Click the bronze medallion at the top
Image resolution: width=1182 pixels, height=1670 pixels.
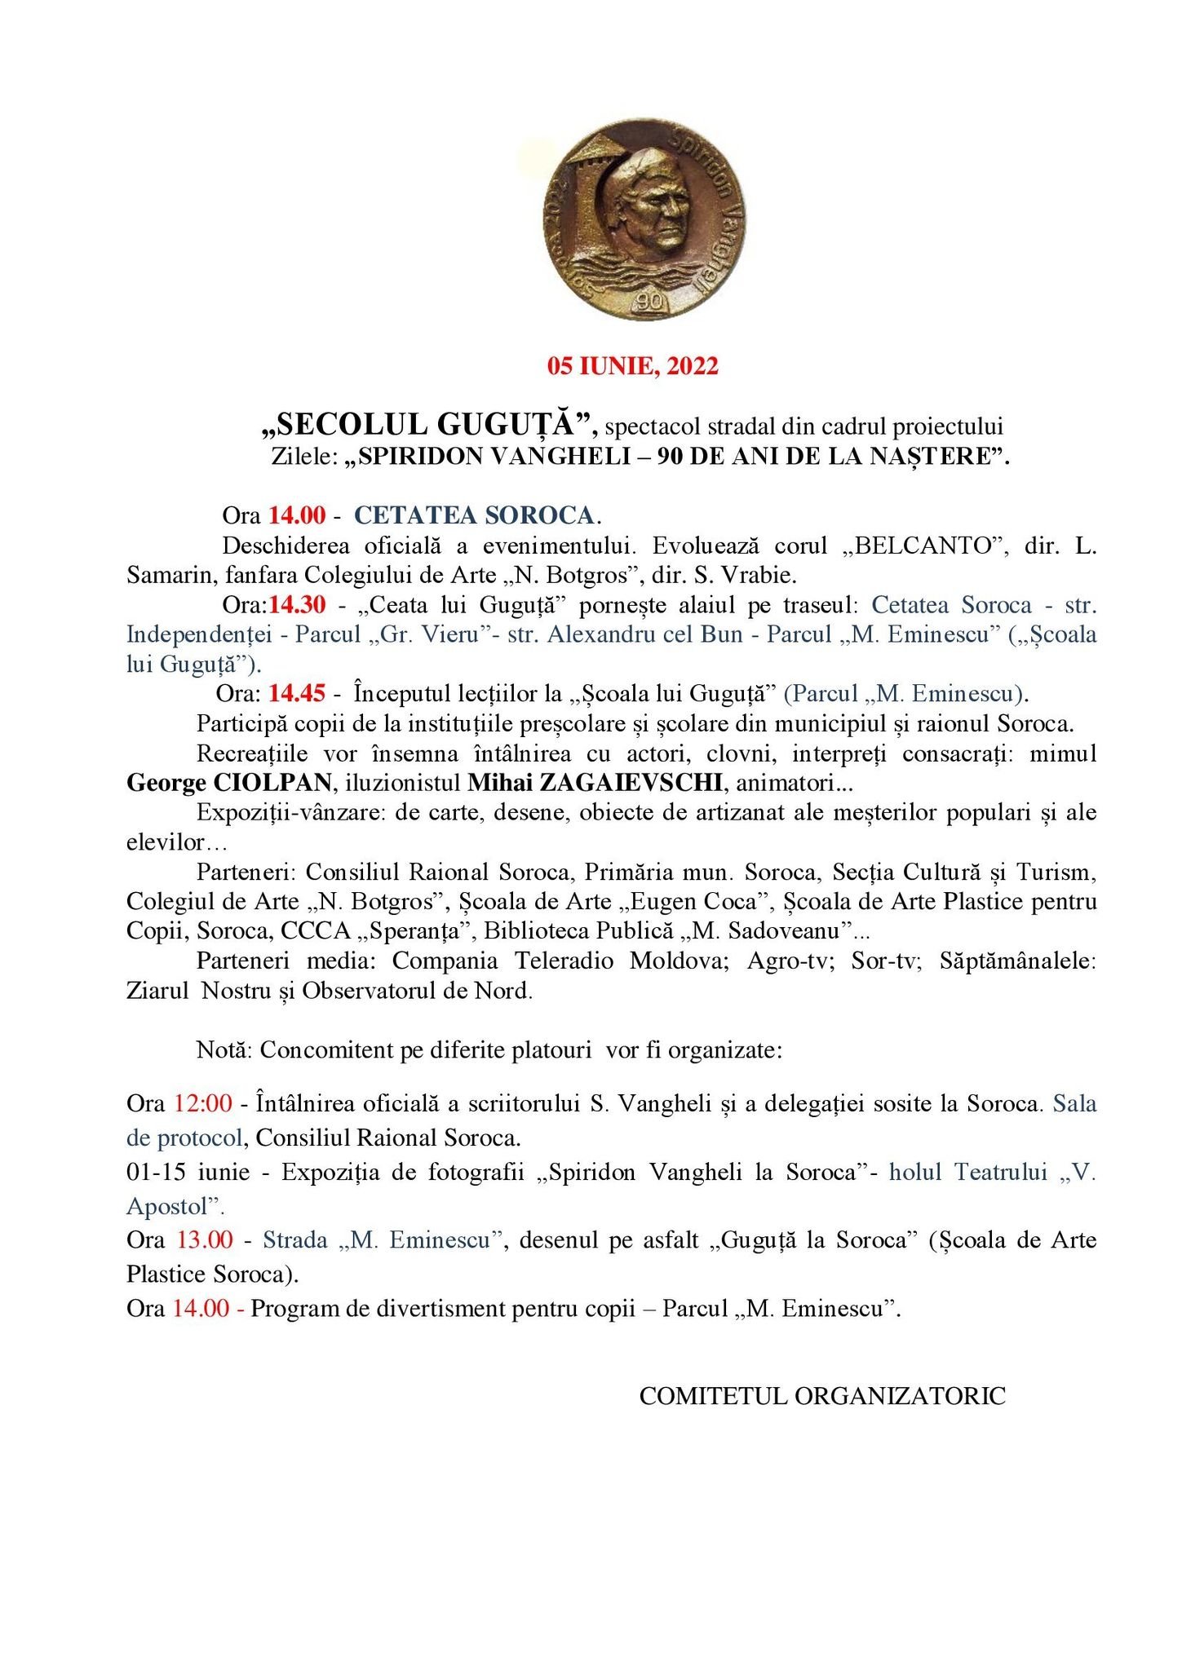point(644,219)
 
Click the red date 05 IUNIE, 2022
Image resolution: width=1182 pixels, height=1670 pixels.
point(633,366)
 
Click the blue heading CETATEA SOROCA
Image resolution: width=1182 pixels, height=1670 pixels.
point(475,515)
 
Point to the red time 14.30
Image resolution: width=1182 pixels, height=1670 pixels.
point(298,605)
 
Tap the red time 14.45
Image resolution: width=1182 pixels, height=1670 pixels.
point(298,694)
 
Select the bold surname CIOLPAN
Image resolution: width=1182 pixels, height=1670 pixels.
point(272,783)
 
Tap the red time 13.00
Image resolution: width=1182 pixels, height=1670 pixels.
point(205,1240)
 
